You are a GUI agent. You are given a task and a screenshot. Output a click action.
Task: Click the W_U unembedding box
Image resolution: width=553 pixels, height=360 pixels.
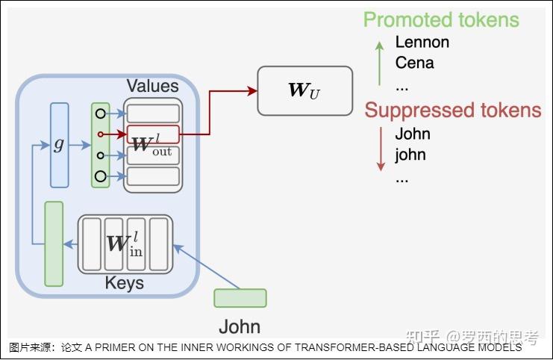tap(304, 90)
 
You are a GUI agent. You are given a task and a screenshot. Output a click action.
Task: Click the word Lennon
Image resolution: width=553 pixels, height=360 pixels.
tap(422, 42)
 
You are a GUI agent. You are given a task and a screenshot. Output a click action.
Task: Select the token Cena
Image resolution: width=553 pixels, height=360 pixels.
tap(414, 63)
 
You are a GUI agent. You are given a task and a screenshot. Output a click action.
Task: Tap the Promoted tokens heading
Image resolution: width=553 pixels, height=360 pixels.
tap(441, 19)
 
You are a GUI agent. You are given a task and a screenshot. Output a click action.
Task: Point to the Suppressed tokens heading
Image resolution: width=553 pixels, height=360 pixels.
tap(453, 110)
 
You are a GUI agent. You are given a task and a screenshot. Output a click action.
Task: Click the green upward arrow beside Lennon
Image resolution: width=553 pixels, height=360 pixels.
tap(379, 63)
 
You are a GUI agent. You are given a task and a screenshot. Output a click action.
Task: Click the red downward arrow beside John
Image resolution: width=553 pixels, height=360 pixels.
tap(381, 149)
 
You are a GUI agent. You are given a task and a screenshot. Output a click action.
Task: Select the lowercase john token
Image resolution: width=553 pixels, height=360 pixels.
tap(410, 155)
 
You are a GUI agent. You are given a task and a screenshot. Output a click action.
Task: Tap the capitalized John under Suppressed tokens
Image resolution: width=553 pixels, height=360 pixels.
tap(412, 134)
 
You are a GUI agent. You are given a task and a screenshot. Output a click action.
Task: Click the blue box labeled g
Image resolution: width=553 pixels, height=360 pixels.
tap(60, 145)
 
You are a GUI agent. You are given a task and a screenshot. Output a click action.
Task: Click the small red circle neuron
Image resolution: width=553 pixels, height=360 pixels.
tap(101, 134)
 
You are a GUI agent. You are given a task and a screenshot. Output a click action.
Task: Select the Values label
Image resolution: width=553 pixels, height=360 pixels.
tap(152, 86)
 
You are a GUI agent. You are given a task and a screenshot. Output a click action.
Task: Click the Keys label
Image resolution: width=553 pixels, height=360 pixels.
tap(124, 283)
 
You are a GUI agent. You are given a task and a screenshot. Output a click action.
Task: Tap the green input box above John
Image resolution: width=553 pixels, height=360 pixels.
tap(240, 298)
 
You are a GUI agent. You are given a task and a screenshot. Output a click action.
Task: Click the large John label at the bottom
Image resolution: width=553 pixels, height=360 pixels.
tap(240, 326)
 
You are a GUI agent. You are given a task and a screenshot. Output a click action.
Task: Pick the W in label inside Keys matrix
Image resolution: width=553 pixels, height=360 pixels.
tap(125, 243)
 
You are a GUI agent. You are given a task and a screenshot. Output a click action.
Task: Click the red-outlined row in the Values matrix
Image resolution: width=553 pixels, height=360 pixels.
tap(153, 134)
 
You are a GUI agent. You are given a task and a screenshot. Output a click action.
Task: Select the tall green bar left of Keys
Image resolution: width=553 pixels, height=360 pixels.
tap(54, 244)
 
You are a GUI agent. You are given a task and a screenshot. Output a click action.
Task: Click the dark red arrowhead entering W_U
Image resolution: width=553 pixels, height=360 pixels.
tap(252, 90)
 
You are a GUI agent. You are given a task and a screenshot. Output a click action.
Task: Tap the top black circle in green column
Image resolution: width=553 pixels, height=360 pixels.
tap(101, 114)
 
